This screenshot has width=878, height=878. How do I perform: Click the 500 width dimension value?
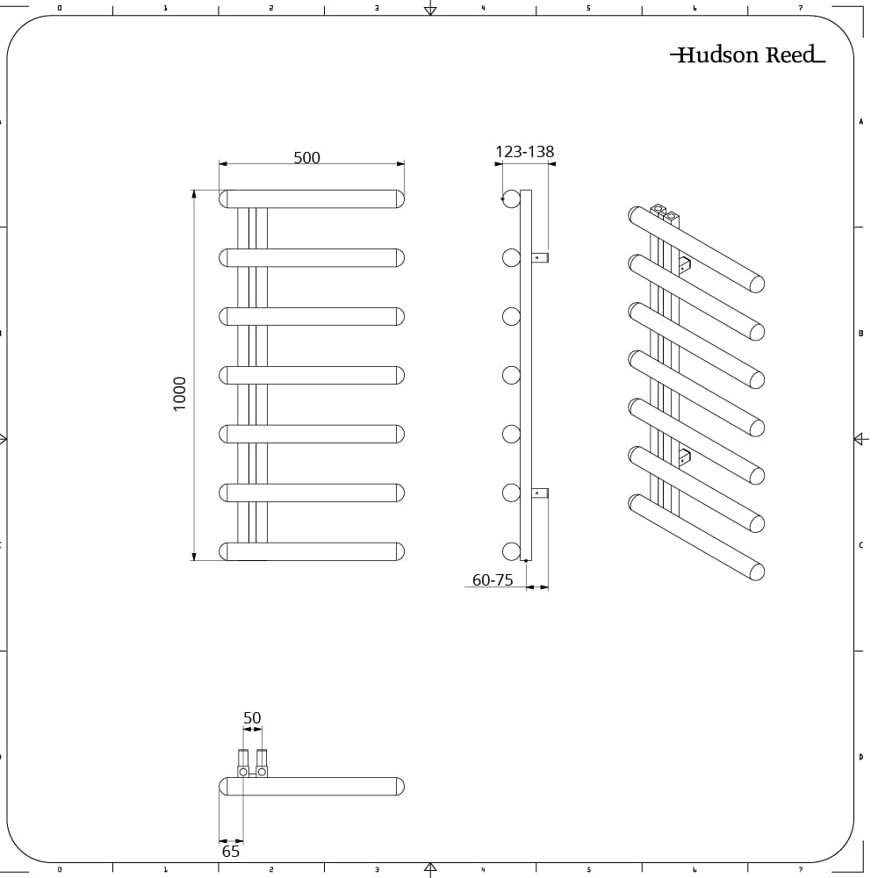click(306, 158)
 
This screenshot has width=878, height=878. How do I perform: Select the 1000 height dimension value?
click(180, 393)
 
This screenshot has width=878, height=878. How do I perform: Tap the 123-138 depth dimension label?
click(525, 152)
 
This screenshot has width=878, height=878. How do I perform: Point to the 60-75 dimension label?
click(493, 580)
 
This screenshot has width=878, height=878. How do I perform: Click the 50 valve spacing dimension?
click(252, 718)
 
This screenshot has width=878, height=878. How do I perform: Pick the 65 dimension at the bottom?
click(231, 852)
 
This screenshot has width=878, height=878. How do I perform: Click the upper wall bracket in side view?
click(540, 257)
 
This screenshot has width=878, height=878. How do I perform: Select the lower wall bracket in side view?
click(540, 493)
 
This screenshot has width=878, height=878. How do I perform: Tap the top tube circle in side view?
click(511, 198)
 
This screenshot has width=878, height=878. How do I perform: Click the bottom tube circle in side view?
click(511, 551)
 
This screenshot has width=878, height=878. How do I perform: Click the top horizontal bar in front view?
click(312, 198)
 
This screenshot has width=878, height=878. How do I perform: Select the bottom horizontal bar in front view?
click(312, 551)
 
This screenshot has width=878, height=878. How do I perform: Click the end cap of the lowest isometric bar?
click(756, 572)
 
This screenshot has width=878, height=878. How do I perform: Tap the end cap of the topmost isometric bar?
click(756, 284)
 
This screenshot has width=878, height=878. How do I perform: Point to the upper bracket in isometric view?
click(683, 264)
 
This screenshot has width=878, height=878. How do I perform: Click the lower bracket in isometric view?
click(683, 456)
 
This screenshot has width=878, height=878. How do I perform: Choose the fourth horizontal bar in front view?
click(312, 375)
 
